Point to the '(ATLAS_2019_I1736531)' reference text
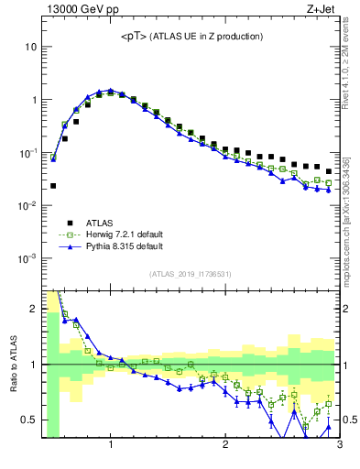[x=191, y=274]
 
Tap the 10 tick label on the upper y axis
[x=29, y=46]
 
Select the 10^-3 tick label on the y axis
[x=27, y=259]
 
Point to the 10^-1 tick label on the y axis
[x=27, y=153]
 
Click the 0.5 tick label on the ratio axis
[x=27, y=420]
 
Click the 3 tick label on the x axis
[x=338, y=446]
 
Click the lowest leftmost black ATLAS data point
[x=53, y=186]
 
